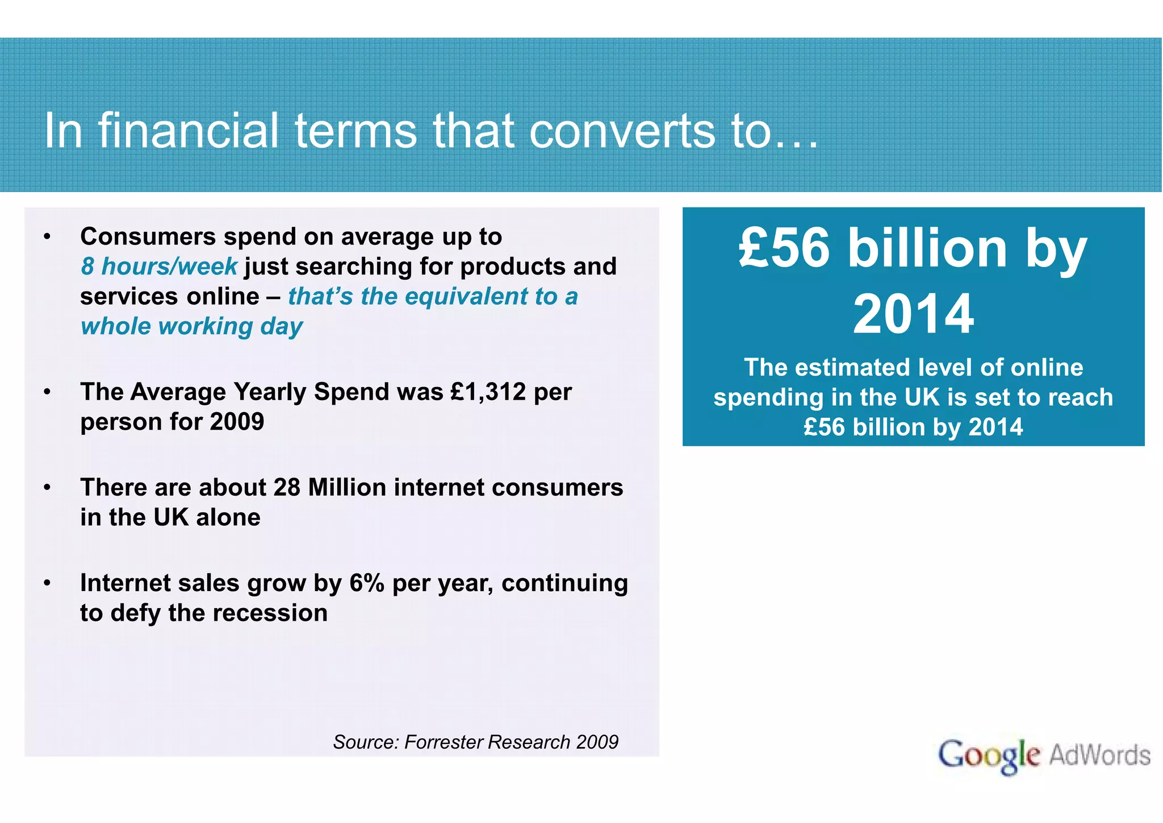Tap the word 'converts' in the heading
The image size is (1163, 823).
622,132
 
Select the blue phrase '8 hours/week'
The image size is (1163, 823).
158,267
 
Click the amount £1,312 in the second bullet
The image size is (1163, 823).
488,392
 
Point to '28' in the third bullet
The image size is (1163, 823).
286,487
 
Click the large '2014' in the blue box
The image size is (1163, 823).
913,314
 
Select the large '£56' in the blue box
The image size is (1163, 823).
785,248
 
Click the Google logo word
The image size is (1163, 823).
988,755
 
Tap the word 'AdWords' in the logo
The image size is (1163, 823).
1099,755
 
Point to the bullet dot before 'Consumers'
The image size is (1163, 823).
48,237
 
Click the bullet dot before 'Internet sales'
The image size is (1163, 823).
48,583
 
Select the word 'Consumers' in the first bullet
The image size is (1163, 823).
148,236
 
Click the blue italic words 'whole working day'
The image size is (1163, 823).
191,326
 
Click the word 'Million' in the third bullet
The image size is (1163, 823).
346,487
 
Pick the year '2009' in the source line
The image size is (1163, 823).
596,742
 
